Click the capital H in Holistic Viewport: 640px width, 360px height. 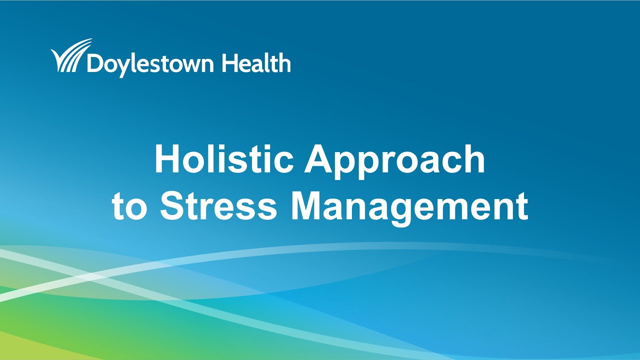click(166, 159)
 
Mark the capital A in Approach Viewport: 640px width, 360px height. click(320, 159)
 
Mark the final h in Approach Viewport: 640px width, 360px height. click(474, 159)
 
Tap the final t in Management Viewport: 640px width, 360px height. click(521, 206)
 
